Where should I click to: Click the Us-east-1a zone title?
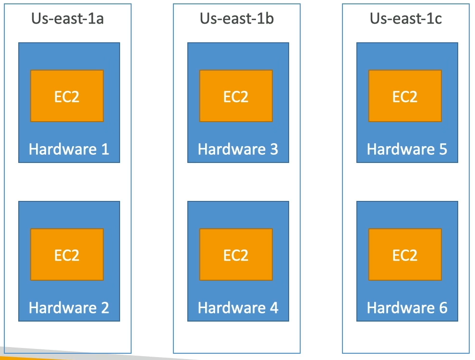[68, 19]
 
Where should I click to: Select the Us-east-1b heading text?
[237, 19]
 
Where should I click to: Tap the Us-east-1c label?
[406, 19]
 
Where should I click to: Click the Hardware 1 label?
[69, 149]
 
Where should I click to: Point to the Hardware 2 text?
[69, 308]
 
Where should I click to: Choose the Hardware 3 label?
[238, 149]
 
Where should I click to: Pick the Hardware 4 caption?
[238, 308]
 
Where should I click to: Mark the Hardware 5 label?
[407, 149]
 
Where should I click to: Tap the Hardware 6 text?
[407, 308]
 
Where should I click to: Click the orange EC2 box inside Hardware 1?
[67, 96]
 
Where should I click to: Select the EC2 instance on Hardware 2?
[67, 254]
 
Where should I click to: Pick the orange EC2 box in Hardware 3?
[236, 96]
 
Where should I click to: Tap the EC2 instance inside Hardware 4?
[236, 254]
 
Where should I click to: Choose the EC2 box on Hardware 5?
[405, 96]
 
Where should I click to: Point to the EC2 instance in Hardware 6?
[405, 254]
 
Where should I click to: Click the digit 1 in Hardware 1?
[105, 149]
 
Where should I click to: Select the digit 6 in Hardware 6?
[443, 308]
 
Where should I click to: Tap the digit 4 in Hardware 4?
[274, 308]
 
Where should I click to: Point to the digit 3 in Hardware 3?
[274, 149]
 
